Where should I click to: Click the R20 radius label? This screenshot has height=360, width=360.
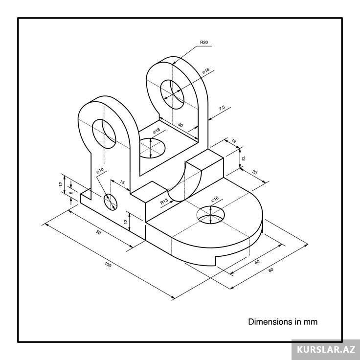(204, 43)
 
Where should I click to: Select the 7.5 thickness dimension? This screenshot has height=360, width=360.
(222, 108)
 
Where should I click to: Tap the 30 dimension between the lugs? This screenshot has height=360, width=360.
(180, 125)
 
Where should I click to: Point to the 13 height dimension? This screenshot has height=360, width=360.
(243, 157)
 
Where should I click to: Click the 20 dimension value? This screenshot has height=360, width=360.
(255, 172)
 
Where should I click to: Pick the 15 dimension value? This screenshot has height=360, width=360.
(122, 183)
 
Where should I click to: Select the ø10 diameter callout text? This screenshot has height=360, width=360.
(100, 171)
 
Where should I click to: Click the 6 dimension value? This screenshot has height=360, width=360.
(71, 193)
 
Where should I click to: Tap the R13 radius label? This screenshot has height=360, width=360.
(164, 201)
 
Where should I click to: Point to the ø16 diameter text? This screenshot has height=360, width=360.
(214, 200)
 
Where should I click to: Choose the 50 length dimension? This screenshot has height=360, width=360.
(98, 233)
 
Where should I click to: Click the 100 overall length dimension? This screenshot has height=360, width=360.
(108, 265)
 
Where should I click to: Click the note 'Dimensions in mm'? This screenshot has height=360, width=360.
(283, 322)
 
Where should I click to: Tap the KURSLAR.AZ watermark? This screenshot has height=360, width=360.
(325, 350)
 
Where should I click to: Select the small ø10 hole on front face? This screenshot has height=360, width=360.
(110, 201)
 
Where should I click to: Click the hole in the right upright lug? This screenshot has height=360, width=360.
(174, 93)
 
